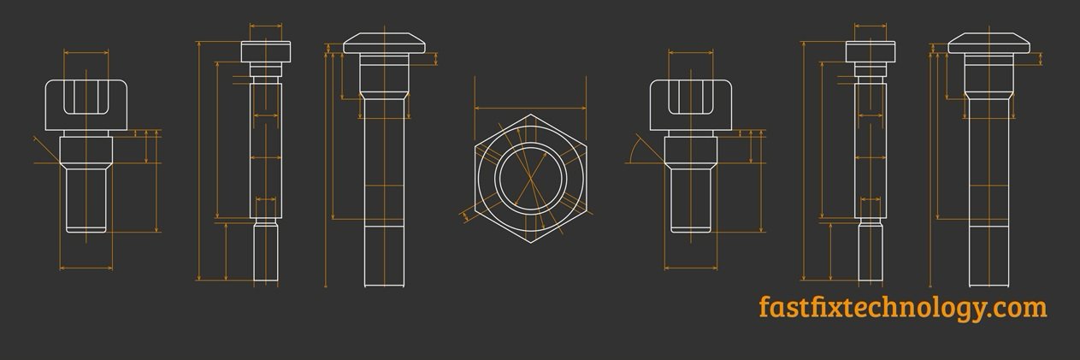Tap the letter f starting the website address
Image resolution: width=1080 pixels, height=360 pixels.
pyautogui.click(x=764, y=306)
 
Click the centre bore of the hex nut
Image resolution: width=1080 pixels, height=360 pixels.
pyautogui.click(x=530, y=179)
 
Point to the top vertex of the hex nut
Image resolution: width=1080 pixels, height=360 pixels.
pyautogui.click(x=531, y=115)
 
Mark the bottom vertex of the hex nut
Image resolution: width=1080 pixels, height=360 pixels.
pyautogui.click(x=531, y=243)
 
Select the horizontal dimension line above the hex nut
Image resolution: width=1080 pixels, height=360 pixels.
pyautogui.click(x=530, y=109)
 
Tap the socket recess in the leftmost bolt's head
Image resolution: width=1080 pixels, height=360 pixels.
pyautogui.click(x=86, y=97)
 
